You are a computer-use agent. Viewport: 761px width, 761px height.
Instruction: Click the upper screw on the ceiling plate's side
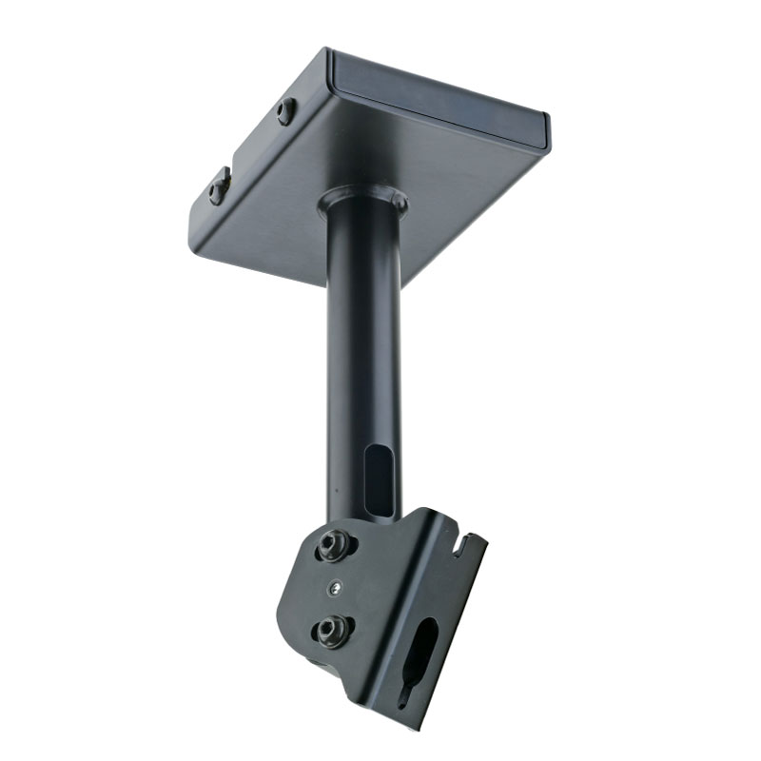pyautogui.click(x=285, y=111)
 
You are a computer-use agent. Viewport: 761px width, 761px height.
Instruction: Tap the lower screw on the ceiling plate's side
pyautogui.click(x=220, y=185)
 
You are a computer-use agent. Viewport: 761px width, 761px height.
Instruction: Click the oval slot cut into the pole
pyautogui.click(x=378, y=480)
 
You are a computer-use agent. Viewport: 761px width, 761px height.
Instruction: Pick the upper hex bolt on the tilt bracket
pyautogui.click(x=333, y=545)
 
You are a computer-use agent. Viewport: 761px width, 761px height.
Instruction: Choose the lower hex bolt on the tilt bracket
pyautogui.click(x=332, y=629)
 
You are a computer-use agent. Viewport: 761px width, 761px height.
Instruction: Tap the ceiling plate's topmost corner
pyautogui.click(x=329, y=50)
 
